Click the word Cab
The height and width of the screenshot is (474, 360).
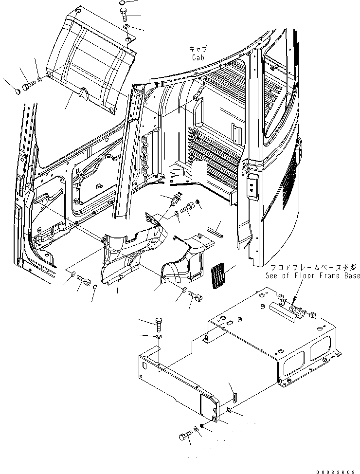point(198,57)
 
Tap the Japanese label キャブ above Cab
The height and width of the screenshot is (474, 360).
point(198,49)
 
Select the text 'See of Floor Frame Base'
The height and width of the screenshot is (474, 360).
point(312,275)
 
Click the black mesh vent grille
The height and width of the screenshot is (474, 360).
point(218,276)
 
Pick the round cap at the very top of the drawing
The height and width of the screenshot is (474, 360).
point(122,3)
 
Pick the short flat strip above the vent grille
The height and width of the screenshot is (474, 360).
point(214,232)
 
